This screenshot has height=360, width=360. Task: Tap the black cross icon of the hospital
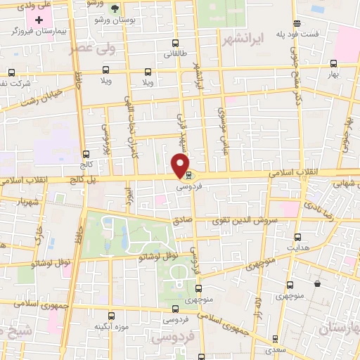click(39, 20)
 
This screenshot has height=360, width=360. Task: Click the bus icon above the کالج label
click(86, 154)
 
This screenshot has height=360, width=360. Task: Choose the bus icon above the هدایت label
click(298, 237)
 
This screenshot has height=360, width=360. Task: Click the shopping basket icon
click(318, 284)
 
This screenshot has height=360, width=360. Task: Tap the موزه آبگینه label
click(112, 328)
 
